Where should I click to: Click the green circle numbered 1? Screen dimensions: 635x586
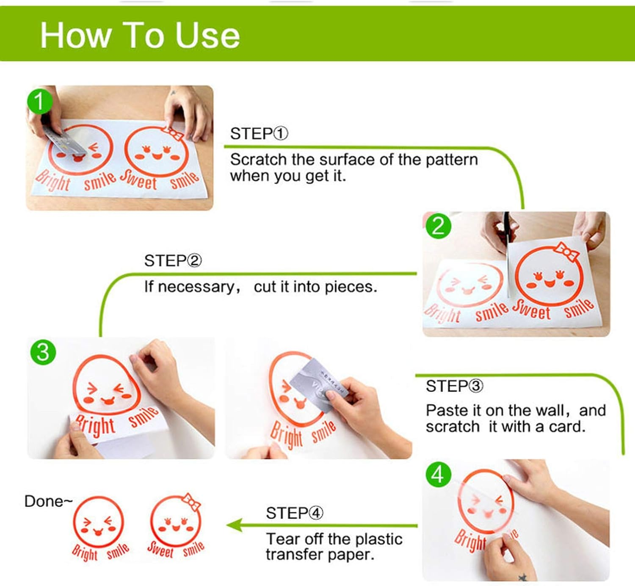(39, 101)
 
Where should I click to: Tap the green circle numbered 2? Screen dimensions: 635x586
(438, 227)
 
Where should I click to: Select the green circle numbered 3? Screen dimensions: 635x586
(43, 352)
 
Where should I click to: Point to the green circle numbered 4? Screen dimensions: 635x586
(438, 474)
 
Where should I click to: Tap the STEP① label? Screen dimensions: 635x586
(259, 134)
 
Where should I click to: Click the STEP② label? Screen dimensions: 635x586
(173, 261)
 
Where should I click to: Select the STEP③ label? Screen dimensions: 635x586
(454, 386)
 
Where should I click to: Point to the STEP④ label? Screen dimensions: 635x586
(295, 514)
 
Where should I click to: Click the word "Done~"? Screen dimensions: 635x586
(49, 501)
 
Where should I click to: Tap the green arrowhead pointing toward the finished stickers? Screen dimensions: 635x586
(234, 525)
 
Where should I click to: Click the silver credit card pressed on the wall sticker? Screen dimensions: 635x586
(319, 385)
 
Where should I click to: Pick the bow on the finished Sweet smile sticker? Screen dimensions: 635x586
(191, 502)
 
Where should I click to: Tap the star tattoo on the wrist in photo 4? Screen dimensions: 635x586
(522, 578)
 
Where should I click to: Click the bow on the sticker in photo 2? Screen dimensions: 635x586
(567, 252)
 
